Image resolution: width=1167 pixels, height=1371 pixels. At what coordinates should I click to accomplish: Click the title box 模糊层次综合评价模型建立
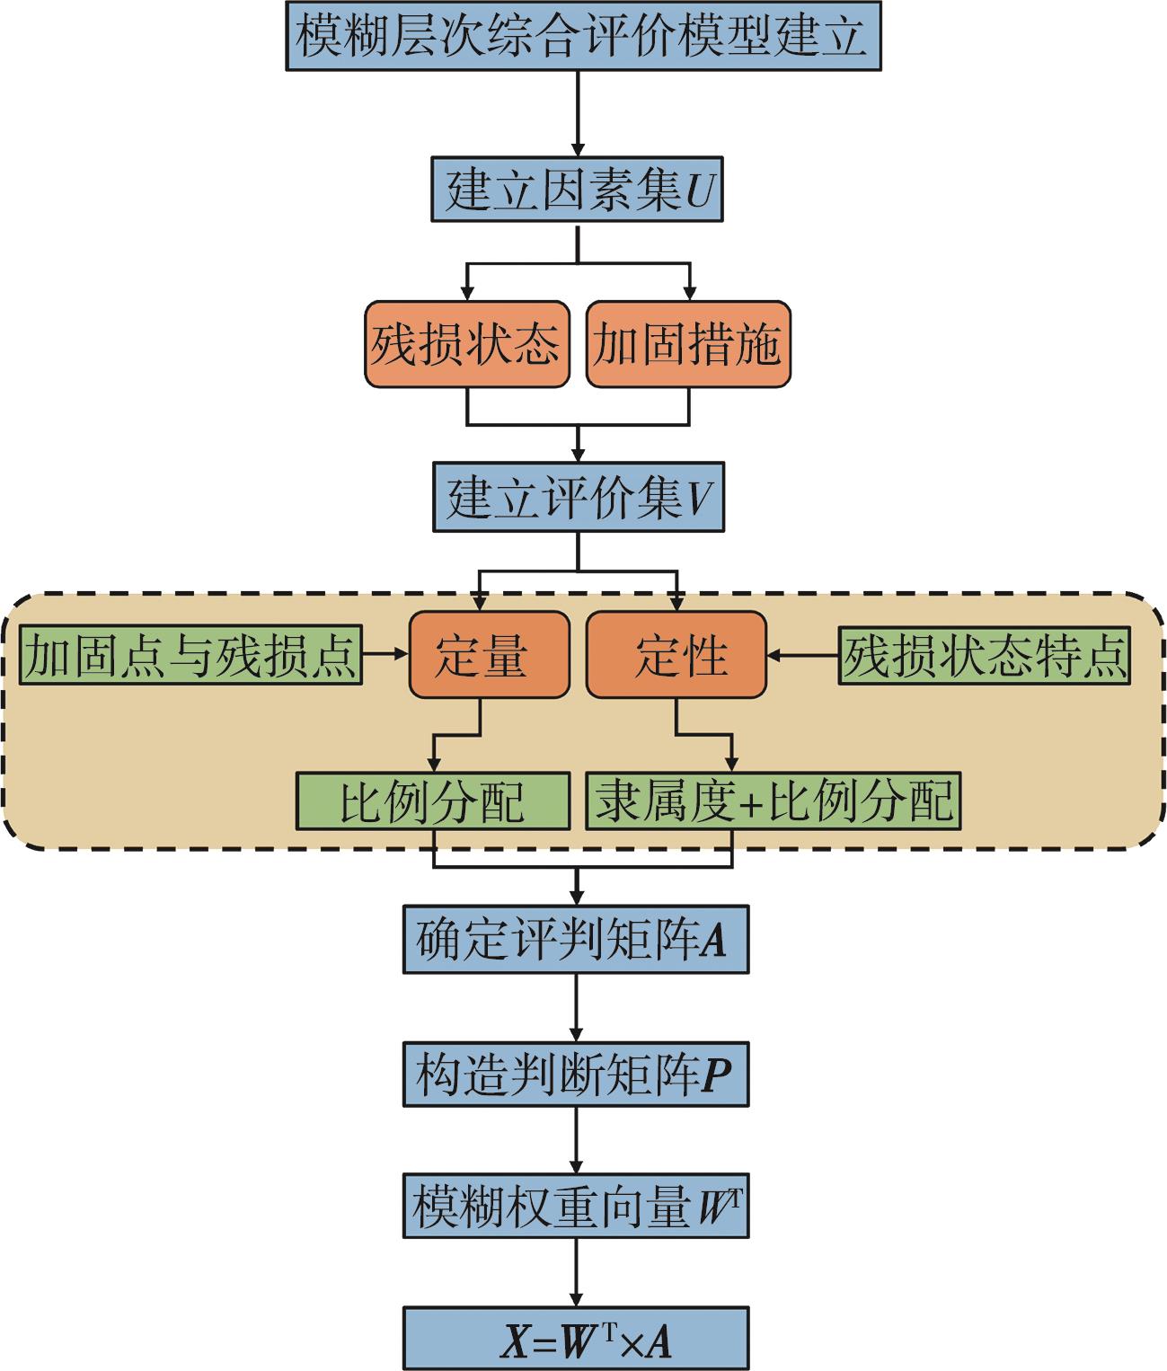tap(582, 36)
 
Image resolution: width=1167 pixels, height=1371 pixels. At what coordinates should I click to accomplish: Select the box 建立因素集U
tap(577, 190)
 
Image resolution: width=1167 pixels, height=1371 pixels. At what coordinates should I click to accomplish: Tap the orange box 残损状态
tap(466, 344)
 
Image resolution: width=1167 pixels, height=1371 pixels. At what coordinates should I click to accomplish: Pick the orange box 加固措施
tap(688, 344)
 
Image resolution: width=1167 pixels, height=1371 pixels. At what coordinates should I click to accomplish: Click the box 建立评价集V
tap(578, 497)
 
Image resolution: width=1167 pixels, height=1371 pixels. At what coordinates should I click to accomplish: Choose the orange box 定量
tap(489, 655)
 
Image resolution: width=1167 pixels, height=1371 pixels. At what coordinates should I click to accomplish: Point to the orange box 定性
tap(676, 655)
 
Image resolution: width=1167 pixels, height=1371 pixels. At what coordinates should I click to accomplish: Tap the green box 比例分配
tap(433, 800)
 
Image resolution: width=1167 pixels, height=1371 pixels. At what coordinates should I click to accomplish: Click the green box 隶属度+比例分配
tap(774, 800)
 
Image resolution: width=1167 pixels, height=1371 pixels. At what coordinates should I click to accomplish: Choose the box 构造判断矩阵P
tap(575, 1075)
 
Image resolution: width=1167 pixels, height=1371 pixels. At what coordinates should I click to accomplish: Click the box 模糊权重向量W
tap(575, 1207)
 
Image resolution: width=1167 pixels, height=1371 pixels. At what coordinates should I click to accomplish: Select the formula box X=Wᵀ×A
tap(575, 1340)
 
